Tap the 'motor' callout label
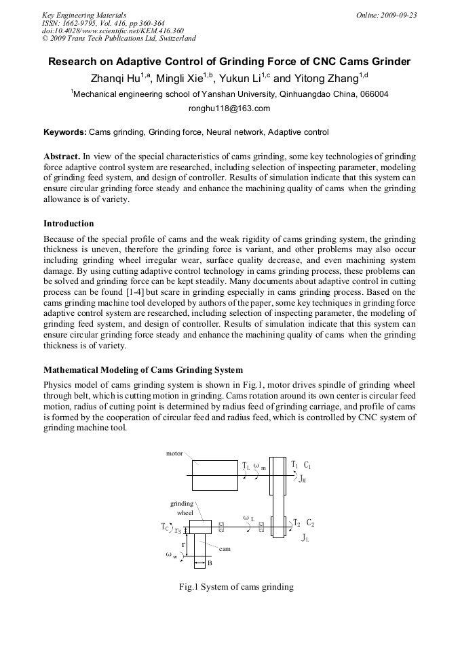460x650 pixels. [x=174, y=453]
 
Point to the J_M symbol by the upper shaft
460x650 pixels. [x=303, y=478]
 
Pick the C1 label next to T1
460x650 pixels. [x=307, y=465]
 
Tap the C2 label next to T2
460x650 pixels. [x=310, y=523]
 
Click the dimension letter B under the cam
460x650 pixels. [x=209, y=563]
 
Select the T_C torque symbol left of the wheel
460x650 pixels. [x=165, y=527]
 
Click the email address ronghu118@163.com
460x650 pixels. [x=229, y=108]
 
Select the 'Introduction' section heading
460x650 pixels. [x=69, y=223]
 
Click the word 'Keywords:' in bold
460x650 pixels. [x=65, y=132]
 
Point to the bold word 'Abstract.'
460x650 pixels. [x=62, y=156]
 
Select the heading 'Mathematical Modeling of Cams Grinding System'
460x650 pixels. [x=142, y=370]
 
